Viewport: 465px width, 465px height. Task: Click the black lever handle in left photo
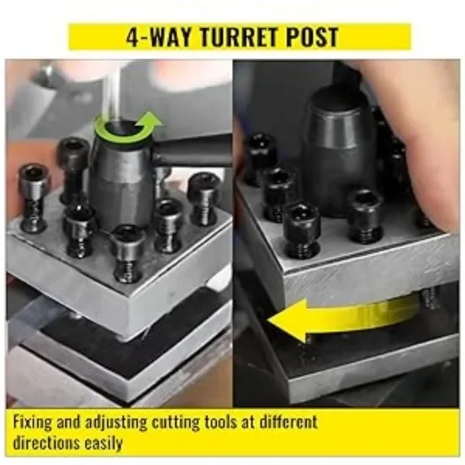coord(194,151)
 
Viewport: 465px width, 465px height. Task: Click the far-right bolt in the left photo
coord(203,198)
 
